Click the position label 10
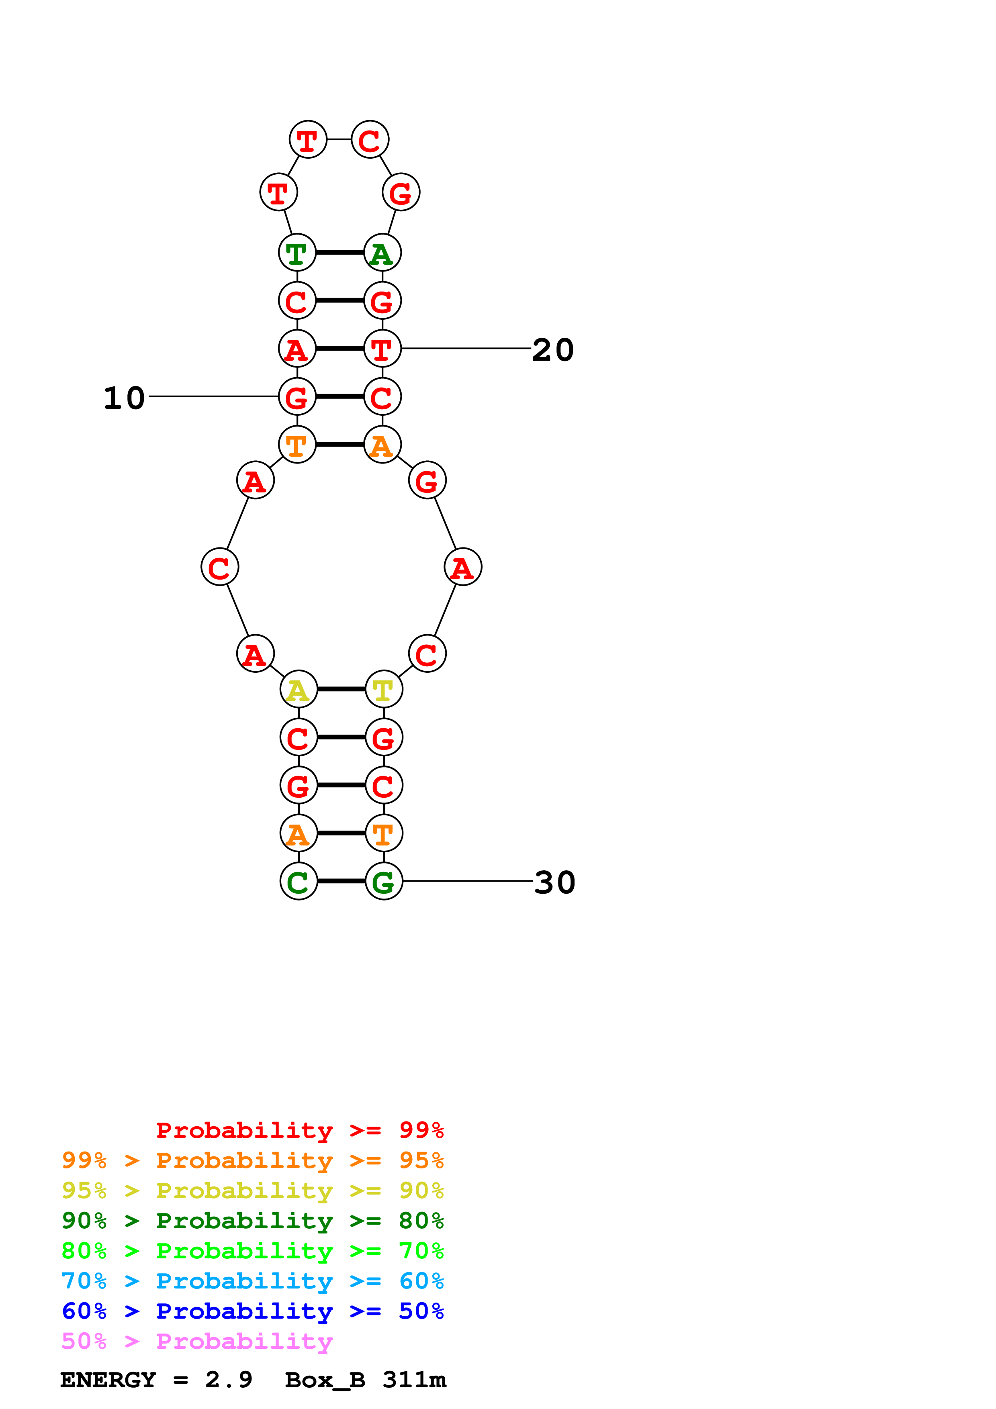pyautogui.click(x=124, y=398)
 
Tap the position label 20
pyautogui.click(x=552, y=350)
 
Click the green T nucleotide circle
pyautogui.click(x=297, y=253)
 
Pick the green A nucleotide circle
pyautogui.click(x=382, y=253)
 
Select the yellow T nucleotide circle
pyautogui.click(x=384, y=690)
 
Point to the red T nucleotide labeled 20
pyautogui.click(x=382, y=349)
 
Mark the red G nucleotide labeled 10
pyautogui.click(x=297, y=396)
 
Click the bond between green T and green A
pyautogui.click(x=339, y=252)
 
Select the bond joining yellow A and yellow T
pyautogui.click(x=341, y=689)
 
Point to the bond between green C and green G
pyautogui.click(x=341, y=881)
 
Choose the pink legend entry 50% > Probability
pyautogui.click(x=197, y=1342)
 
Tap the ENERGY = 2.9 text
pyautogui.click(x=156, y=1380)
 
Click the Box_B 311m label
pyautogui.click(x=365, y=1380)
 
